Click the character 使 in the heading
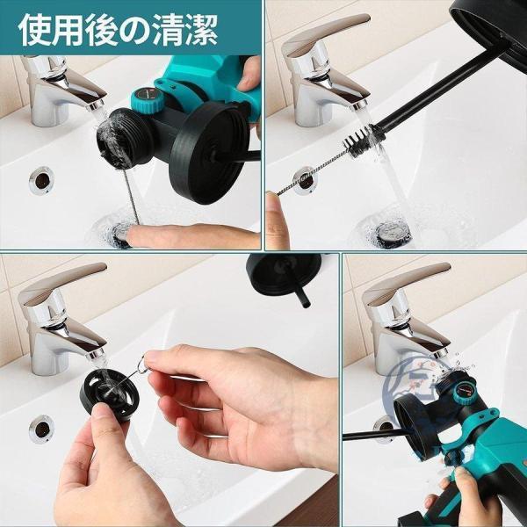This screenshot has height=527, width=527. pos(34,30)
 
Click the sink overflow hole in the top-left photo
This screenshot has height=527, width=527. pos(41,180)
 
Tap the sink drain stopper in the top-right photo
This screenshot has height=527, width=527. pos(393,233)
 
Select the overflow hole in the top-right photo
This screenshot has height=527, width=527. pos(305,180)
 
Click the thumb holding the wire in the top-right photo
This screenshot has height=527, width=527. pos(277,220)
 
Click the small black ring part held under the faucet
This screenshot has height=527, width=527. pos(107,394)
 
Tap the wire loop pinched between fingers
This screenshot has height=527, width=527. pos(142,364)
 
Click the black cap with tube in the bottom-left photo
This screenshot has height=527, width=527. pos(285,276)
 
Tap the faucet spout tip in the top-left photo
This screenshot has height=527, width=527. pos(96,105)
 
